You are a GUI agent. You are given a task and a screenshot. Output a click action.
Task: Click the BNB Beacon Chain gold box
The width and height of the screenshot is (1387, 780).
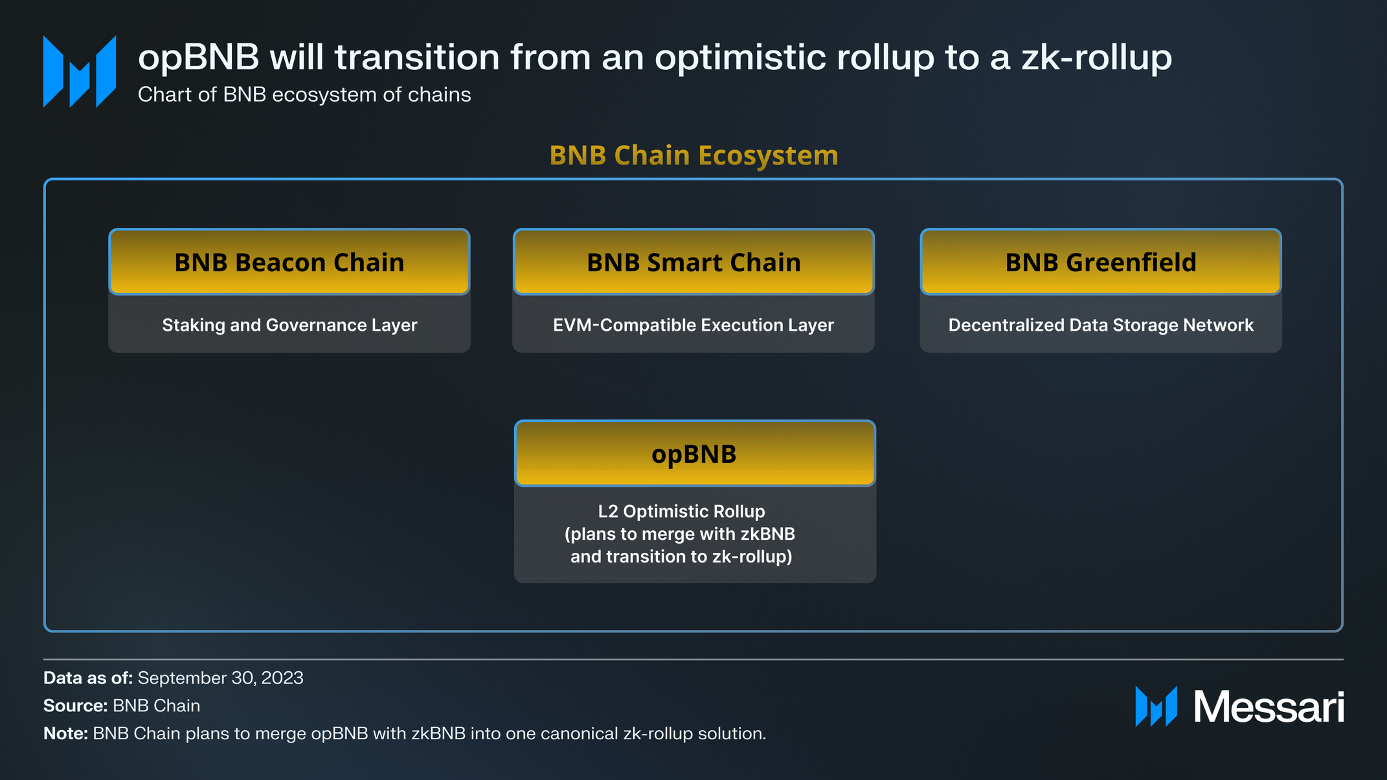click(289, 262)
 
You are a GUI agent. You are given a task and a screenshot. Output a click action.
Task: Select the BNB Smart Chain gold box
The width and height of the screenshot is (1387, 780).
click(693, 262)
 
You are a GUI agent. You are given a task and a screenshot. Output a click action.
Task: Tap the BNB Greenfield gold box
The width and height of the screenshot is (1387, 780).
click(1100, 262)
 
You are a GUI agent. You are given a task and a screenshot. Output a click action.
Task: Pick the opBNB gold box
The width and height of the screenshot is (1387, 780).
click(694, 454)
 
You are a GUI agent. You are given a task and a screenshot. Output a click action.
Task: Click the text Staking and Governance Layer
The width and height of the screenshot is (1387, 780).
click(289, 325)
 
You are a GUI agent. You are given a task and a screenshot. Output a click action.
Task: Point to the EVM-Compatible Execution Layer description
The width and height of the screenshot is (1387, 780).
click(693, 325)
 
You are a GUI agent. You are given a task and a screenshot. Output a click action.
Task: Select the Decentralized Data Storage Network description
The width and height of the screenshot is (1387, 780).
click(1100, 325)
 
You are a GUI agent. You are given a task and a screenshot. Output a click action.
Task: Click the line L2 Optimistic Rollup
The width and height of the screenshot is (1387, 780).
click(681, 511)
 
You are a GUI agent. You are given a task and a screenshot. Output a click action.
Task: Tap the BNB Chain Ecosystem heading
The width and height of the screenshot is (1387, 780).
click(693, 155)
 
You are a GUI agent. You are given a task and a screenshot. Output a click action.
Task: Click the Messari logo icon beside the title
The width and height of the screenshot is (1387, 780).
click(80, 71)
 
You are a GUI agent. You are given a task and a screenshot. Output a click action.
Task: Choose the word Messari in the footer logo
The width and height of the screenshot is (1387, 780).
click(1269, 707)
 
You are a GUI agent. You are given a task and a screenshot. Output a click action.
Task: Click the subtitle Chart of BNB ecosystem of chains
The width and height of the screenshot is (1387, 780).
click(304, 95)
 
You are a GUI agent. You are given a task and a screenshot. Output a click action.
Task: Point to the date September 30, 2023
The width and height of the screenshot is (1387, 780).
click(220, 678)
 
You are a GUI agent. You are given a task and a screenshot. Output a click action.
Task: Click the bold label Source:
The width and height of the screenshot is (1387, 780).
click(75, 706)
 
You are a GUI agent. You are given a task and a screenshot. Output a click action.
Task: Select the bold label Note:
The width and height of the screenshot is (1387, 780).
click(65, 733)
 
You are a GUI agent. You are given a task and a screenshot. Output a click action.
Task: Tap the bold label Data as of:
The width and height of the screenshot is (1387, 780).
click(88, 678)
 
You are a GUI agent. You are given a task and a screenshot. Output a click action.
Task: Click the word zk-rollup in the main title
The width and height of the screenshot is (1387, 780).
click(1096, 57)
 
